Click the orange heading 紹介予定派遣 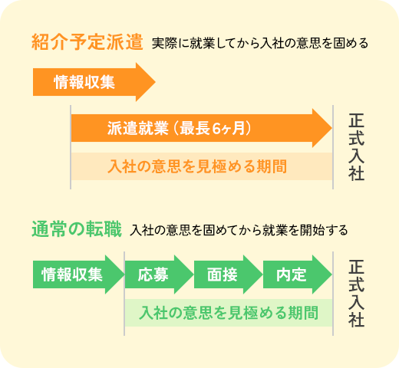(x=87, y=42)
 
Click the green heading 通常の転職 (x=77, y=229)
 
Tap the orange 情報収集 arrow (x=94, y=82)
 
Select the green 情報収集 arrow (x=78, y=274)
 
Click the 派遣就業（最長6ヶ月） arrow (x=202, y=128)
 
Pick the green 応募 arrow (x=159, y=274)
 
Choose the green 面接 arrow (x=228, y=274)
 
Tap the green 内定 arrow (x=298, y=274)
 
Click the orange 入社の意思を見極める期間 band (x=202, y=166)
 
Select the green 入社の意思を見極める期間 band (x=229, y=313)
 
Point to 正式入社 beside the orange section (x=356, y=147)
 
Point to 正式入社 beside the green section (x=356, y=294)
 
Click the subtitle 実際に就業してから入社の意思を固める (x=260, y=43)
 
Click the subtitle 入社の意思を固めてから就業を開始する (x=239, y=230)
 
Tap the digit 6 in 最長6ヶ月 (x=216, y=128)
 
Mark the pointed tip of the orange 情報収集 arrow (x=155, y=82)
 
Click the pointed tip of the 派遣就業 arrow (x=331, y=128)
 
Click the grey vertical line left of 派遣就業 (x=71, y=147)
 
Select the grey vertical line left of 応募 (x=124, y=294)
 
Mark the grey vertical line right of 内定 (x=333, y=294)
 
